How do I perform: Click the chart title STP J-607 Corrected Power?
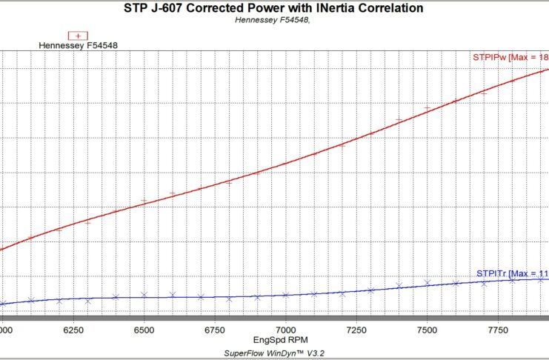click(x=274, y=8)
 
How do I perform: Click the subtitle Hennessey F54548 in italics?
click(x=273, y=20)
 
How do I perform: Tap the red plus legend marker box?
click(x=78, y=35)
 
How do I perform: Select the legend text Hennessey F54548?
click(x=79, y=45)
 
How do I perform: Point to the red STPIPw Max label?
click(x=510, y=57)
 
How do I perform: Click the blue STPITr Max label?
click(x=512, y=273)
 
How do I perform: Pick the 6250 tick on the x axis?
click(x=73, y=328)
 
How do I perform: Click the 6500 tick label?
click(x=144, y=328)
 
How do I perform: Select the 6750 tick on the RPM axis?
click(x=215, y=328)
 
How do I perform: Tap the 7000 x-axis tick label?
click(x=285, y=328)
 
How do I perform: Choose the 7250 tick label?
click(x=356, y=328)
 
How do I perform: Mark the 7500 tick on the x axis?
click(x=427, y=328)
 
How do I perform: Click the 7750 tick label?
click(x=498, y=328)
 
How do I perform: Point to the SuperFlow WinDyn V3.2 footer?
click(x=274, y=353)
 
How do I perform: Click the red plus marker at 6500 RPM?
click(x=144, y=201)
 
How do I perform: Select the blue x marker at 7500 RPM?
click(x=427, y=282)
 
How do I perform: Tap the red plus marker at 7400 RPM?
click(x=399, y=120)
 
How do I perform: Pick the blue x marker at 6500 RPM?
click(x=144, y=295)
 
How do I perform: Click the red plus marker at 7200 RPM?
click(x=342, y=145)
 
